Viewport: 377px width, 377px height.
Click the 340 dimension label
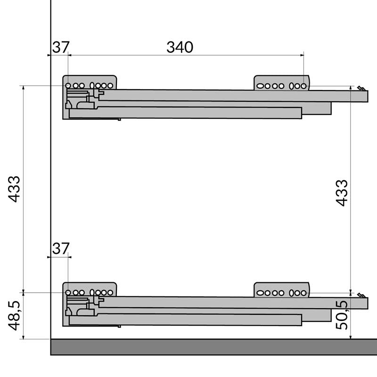pos(180,47)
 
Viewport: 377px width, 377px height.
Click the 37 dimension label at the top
pos(60,47)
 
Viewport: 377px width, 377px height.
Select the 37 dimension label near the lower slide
pos(60,248)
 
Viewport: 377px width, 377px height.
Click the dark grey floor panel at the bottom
pos(212,347)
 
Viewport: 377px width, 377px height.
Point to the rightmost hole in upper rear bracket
pos(110,86)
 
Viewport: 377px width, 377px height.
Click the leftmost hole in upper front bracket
pos(260,86)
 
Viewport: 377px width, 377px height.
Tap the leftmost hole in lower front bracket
pos(260,293)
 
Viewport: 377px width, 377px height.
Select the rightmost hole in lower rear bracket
pos(110,293)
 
